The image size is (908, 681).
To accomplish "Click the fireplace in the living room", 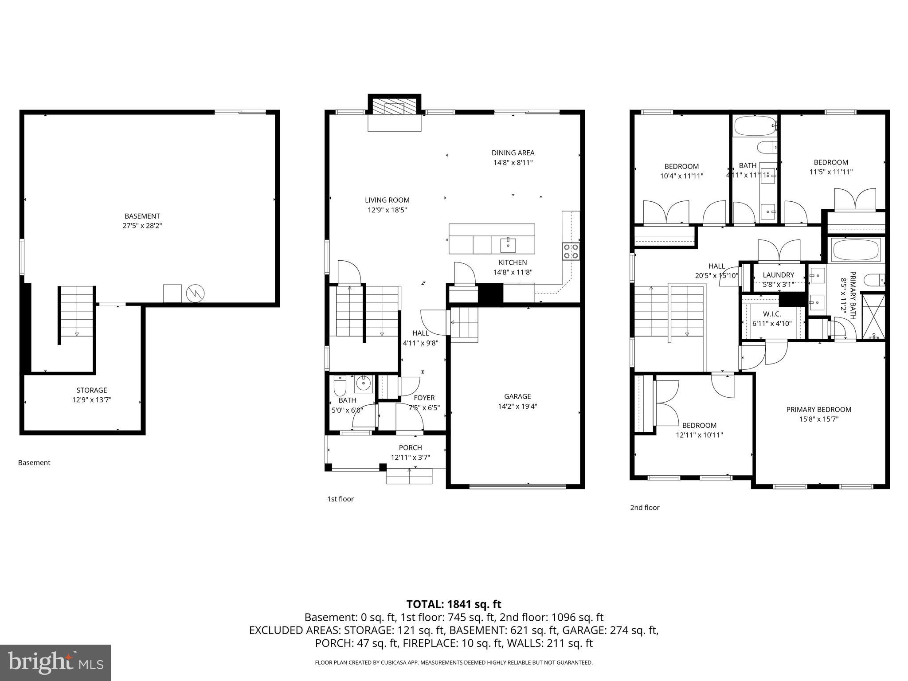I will (x=394, y=108).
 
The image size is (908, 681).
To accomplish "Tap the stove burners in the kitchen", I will (x=571, y=251).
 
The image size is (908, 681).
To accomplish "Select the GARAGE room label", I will (x=517, y=396).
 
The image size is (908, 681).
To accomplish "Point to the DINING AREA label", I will (x=513, y=153).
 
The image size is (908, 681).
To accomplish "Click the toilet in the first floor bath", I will (x=340, y=387).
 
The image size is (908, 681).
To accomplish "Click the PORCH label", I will (x=410, y=448).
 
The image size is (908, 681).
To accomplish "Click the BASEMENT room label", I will (x=142, y=216).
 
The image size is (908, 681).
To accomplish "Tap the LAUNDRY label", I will (x=778, y=275).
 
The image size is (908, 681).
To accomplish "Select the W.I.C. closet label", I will (x=772, y=314).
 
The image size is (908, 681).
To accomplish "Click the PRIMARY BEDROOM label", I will (x=818, y=410).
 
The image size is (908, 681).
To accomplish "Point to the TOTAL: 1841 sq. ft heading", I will (x=454, y=604).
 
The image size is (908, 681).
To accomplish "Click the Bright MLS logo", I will (x=55, y=662).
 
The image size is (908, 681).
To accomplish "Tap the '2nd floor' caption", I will (x=645, y=508).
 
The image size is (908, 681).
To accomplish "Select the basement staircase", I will (x=77, y=313).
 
